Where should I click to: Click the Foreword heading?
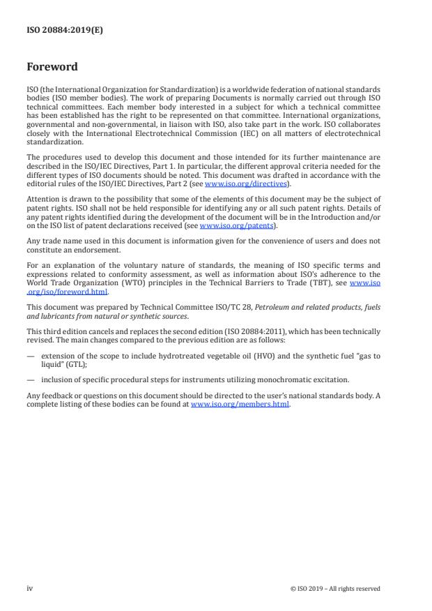pyautogui.click(x=52, y=68)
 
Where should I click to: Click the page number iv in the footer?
pyautogui.click(x=30, y=588)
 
